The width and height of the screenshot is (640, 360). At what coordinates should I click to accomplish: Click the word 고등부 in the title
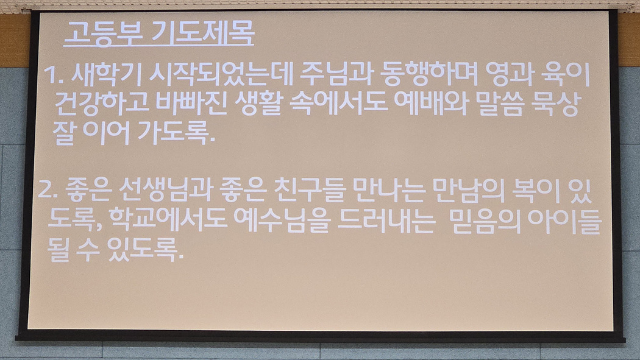(x=103, y=33)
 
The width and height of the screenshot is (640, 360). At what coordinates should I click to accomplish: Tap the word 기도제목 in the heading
(x=202, y=33)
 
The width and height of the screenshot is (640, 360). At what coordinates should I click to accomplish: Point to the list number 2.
(x=47, y=191)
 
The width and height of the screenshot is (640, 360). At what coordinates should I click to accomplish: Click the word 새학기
(x=105, y=75)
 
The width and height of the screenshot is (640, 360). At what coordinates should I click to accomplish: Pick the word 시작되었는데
(x=221, y=74)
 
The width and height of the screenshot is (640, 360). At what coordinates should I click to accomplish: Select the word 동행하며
(x=428, y=74)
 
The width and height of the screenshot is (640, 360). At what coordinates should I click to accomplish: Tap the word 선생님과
(x=166, y=191)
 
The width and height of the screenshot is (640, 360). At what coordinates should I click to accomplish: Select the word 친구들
(x=310, y=191)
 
